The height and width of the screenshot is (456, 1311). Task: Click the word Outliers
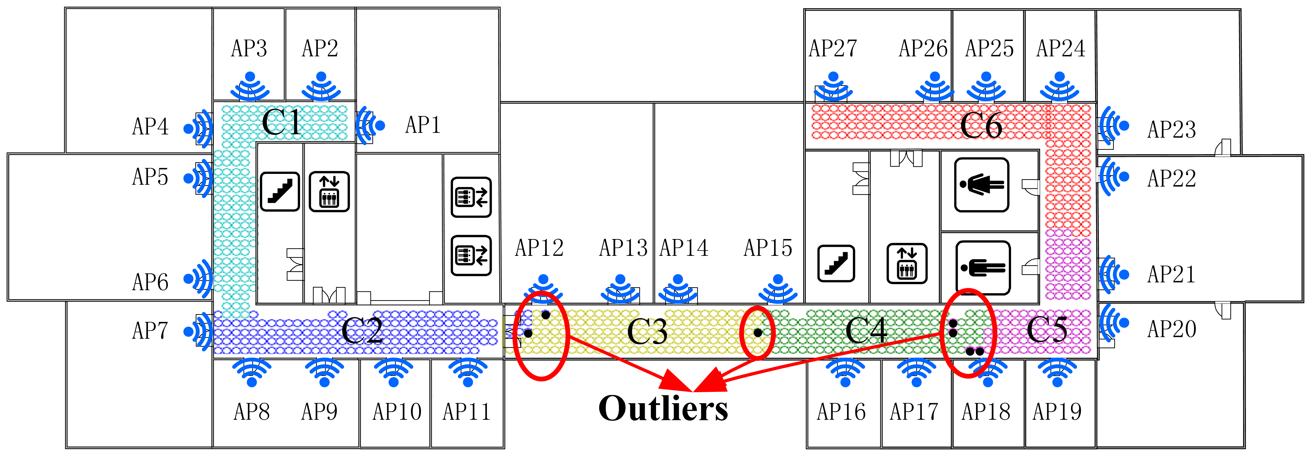click(x=663, y=409)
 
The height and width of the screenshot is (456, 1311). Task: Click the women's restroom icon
click(x=981, y=184)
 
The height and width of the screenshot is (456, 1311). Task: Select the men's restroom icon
click(x=983, y=267)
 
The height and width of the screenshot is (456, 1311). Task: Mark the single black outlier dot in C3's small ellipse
click(x=758, y=333)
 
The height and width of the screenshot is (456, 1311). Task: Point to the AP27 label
click(x=833, y=48)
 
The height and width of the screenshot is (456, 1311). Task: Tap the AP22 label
click(x=1171, y=178)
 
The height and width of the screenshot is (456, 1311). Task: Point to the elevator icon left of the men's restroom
click(x=907, y=263)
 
